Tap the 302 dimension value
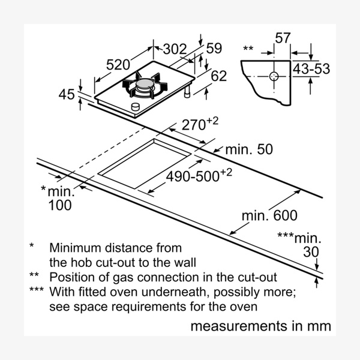coord(175,50)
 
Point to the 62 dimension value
coord(220,76)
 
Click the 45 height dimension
coord(67,94)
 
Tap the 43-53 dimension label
coord(312,69)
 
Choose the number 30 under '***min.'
coord(310,252)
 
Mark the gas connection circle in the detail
coord(274,76)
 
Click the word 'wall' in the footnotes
coord(182,262)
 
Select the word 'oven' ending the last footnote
coord(244,307)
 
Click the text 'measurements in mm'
coord(260,327)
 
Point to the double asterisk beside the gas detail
coord(248,48)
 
